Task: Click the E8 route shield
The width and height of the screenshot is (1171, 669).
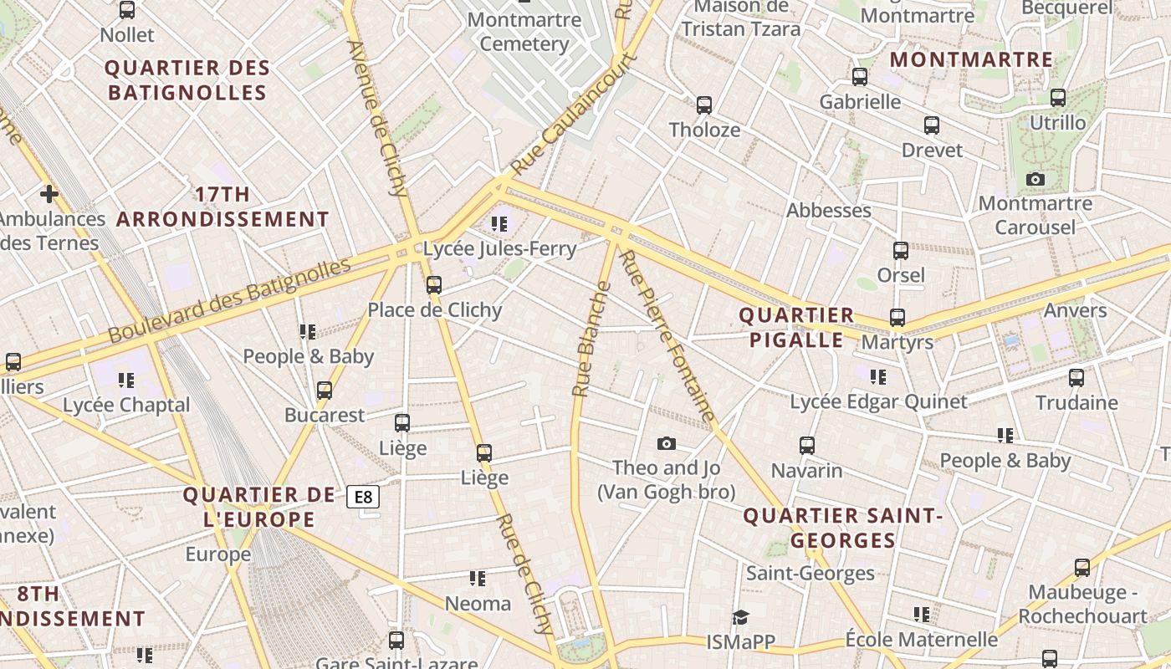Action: pyautogui.click(x=363, y=498)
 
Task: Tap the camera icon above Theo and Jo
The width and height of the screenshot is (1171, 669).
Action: pyautogui.click(x=667, y=444)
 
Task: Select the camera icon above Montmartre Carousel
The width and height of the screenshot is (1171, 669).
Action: pyautogui.click(x=1035, y=180)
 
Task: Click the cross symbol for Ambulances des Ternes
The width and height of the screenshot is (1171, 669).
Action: pyautogui.click(x=49, y=195)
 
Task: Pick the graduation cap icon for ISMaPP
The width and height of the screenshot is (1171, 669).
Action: pyautogui.click(x=740, y=618)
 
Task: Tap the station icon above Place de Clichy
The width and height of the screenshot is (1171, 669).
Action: pyautogui.click(x=433, y=285)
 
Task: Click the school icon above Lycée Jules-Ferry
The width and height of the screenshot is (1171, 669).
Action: pyautogui.click(x=499, y=224)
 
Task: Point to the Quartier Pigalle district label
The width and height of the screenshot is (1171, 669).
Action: pyautogui.click(x=796, y=328)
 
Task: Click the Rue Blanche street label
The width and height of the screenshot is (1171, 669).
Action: pyautogui.click(x=591, y=339)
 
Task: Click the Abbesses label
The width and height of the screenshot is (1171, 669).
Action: pyautogui.click(x=828, y=211)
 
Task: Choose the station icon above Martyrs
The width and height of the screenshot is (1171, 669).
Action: pyautogui.click(x=897, y=318)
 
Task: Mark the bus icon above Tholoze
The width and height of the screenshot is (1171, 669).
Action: pyautogui.click(x=704, y=105)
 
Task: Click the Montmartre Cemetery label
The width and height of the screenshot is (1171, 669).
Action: pyautogui.click(x=524, y=32)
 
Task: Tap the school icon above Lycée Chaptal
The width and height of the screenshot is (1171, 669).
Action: pyautogui.click(x=126, y=381)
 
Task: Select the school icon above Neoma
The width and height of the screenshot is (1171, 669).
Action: pyautogui.click(x=478, y=579)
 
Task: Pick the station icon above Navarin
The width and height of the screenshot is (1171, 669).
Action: pyautogui.click(x=806, y=446)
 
